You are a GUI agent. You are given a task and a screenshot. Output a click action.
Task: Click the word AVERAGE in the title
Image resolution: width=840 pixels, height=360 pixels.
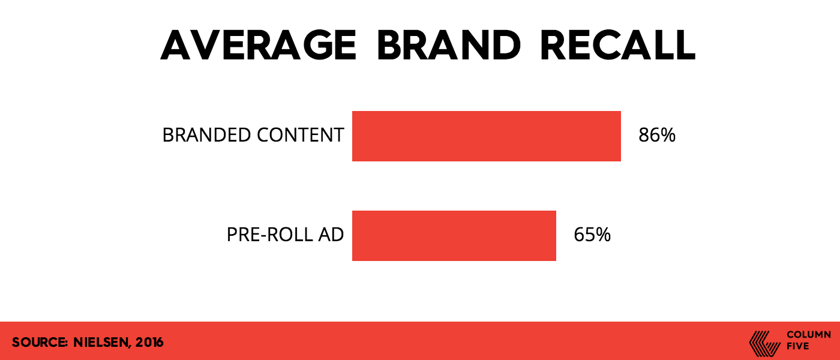[259, 45]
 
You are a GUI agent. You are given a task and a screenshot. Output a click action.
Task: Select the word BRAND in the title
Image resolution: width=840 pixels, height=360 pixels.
[449, 45]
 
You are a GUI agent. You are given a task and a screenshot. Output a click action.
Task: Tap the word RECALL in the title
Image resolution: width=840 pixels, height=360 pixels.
[618, 45]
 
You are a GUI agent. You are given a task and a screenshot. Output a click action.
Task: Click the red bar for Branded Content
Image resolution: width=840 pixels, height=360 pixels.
[487, 136]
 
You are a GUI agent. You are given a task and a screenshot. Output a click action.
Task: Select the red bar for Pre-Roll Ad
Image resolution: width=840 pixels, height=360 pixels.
[454, 235]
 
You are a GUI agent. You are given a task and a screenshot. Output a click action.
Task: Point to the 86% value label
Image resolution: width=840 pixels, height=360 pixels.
[657, 135]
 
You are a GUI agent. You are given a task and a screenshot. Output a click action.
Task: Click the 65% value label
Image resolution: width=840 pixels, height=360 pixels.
[592, 235]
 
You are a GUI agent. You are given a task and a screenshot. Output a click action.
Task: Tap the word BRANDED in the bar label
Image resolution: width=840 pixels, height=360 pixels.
[206, 135]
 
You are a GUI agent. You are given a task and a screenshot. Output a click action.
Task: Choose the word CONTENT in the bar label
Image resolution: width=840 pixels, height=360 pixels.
[301, 135]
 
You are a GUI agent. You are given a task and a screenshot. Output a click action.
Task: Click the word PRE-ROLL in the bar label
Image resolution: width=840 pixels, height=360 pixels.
[269, 235]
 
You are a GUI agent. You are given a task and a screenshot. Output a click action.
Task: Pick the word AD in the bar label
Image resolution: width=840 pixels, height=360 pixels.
[331, 235]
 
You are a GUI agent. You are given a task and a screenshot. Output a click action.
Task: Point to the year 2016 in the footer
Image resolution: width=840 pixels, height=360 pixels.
[149, 343]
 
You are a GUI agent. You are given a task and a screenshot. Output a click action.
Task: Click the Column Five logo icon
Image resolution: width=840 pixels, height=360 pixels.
[764, 343]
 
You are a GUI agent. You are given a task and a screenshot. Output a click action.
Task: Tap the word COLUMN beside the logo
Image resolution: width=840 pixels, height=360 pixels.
[809, 335]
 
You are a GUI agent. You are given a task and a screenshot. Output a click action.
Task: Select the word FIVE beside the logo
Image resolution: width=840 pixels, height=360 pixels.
[797, 346]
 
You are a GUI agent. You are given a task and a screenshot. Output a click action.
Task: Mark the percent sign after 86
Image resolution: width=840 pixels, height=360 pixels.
[667, 135]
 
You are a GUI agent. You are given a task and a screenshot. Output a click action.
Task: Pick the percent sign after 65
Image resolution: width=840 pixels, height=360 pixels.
[602, 235]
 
